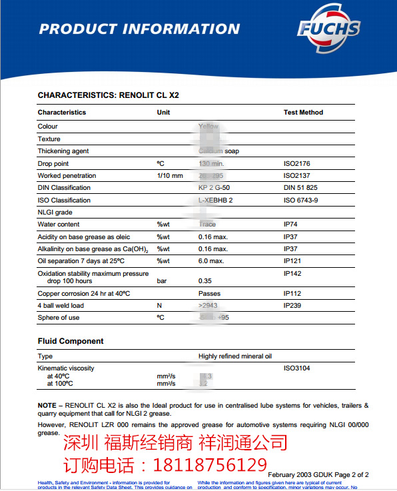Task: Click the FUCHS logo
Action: click(x=328, y=29)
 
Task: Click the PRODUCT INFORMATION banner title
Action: click(x=139, y=29)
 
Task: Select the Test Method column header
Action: click(x=303, y=113)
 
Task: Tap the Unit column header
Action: click(x=163, y=113)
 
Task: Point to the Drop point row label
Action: click(x=53, y=163)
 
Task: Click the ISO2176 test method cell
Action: click(x=297, y=163)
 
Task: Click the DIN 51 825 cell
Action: click(x=300, y=188)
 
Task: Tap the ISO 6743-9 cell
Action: click(x=301, y=200)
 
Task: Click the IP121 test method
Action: click(x=293, y=260)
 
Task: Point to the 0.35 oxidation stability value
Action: click(x=205, y=281)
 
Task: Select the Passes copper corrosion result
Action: click(x=209, y=293)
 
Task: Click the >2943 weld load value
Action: click(x=208, y=306)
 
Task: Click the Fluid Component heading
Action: click(x=71, y=341)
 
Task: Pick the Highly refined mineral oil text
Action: click(x=235, y=356)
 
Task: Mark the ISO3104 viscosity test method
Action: click(x=297, y=368)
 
